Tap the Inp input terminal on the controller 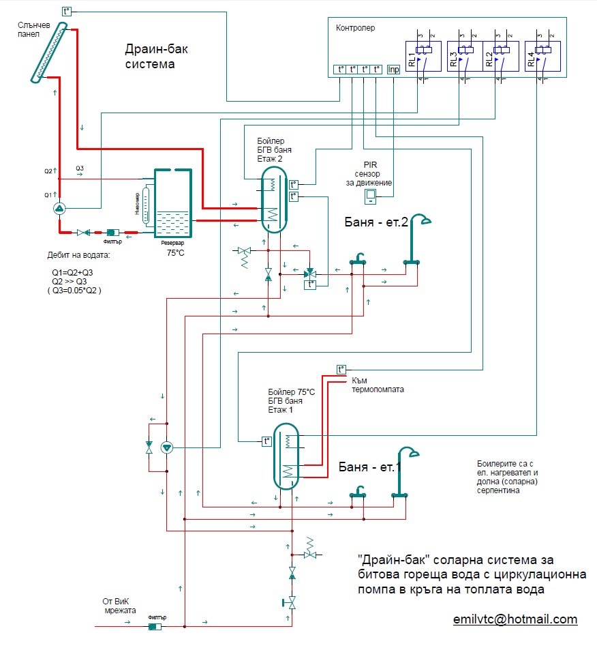(394, 70)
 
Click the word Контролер (356, 28)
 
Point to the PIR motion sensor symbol (371, 196)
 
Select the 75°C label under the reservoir (175, 253)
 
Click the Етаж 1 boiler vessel (287, 456)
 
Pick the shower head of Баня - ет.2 (427, 220)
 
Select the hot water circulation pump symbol (168, 447)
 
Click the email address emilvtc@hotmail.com (515, 619)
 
